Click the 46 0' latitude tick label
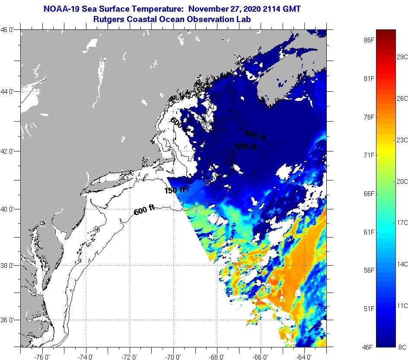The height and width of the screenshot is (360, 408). click(8, 30)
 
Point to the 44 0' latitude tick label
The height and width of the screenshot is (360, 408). click(8, 92)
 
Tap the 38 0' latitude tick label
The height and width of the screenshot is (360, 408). click(8, 265)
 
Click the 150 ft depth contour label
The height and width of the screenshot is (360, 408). click(175, 190)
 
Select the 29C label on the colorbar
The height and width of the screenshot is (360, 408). click(402, 57)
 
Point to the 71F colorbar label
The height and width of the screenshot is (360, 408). click(369, 155)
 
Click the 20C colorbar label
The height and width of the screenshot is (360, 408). click(402, 181)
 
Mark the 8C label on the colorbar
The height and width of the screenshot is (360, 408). click(402, 347)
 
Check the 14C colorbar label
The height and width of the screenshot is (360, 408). click(402, 264)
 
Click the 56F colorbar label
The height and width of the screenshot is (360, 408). click(369, 270)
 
